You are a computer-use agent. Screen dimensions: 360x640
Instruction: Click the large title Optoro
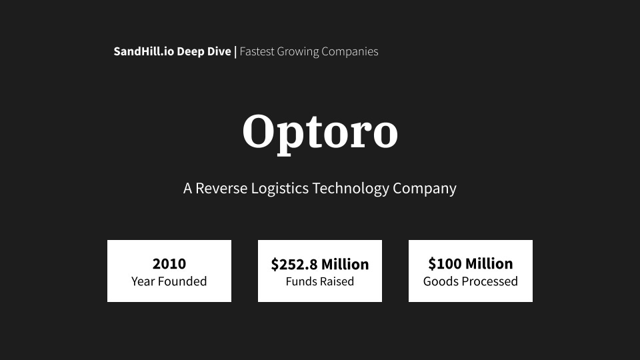(x=320, y=131)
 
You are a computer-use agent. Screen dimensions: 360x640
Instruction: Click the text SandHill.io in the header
(x=143, y=51)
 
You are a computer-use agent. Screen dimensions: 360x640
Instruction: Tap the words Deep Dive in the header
(x=204, y=51)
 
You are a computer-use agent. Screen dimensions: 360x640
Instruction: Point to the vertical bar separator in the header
(x=235, y=51)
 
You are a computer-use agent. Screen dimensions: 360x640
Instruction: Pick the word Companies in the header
(x=350, y=52)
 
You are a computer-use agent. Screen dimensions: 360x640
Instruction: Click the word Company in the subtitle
(x=425, y=189)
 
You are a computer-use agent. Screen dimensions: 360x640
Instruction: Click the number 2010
(x=169, y=263)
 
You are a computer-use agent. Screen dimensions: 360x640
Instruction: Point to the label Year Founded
(x=169, y=281)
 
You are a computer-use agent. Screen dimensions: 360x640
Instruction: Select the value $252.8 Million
(x=320, y=264)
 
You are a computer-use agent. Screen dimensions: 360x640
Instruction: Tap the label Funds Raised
(x=320, y=281)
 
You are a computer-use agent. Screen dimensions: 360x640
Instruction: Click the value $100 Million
(x=471, y=263)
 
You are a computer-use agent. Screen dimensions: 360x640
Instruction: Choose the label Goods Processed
(x=471, y=281)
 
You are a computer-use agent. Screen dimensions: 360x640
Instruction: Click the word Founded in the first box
(x=182, y=281)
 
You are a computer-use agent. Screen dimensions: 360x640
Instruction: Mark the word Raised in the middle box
(x=336, y=281)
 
